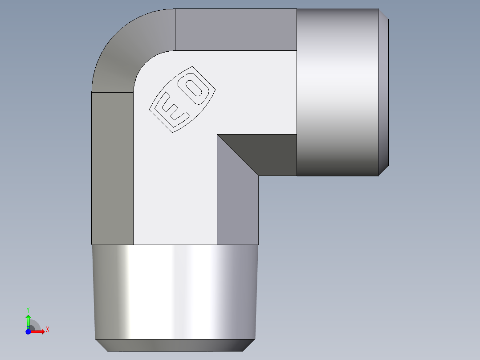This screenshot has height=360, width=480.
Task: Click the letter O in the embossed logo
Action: coord(195,90)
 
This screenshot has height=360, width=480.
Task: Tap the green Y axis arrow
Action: coord(28,320)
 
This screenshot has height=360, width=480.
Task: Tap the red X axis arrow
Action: coord(39,331)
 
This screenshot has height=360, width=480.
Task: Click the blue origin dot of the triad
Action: coord(28,331)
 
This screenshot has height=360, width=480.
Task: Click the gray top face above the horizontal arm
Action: coord(236,29)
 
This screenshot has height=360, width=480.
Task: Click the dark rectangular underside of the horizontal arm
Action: coord(276,154)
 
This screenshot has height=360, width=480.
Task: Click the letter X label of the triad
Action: coord(47,330)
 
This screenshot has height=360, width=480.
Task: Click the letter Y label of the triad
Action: coord(28,309)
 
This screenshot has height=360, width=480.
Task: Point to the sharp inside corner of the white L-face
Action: coord(217,135)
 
